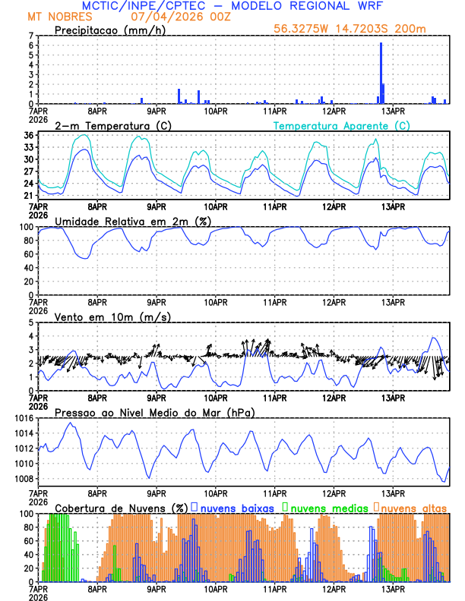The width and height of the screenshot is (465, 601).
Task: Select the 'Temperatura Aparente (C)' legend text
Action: coord(341,125)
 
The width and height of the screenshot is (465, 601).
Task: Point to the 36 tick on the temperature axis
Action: coord(27,136)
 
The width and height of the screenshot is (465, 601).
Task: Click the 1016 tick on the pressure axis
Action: coord(21,418)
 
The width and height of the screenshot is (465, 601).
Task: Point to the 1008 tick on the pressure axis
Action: coord(21,479)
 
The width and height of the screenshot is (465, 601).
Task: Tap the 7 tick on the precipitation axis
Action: coord(30,36)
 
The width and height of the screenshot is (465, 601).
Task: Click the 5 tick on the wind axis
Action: coord(30,323)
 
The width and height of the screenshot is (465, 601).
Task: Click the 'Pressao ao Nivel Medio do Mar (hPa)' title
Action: coord(154,412)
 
